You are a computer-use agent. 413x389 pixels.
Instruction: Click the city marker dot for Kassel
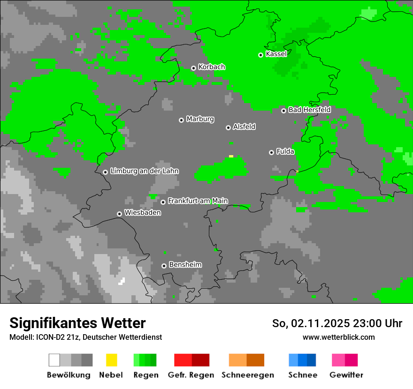coord(260,55)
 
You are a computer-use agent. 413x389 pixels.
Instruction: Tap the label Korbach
coord(212,67)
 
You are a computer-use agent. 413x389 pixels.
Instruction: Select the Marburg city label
coord(200,119)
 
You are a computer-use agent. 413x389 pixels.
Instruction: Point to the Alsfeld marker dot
coord(228,127)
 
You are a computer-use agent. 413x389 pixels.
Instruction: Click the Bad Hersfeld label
coord(309,110)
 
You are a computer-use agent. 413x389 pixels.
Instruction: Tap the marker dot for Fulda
coord(271,152)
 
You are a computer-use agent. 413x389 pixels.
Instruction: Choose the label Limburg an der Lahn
coord(144,171)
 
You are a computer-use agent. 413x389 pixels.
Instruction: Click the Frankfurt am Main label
coord(198,201)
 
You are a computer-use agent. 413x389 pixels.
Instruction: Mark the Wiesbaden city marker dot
coord(119,214)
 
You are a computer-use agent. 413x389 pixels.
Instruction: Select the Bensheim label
coord(185,265)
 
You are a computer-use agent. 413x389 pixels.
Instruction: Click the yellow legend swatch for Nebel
coord(111,360)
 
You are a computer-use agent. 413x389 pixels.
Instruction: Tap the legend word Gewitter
coord(346,375)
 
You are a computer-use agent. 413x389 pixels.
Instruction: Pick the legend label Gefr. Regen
coord(191,375)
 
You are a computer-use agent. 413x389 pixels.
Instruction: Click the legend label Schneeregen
coord(248,375)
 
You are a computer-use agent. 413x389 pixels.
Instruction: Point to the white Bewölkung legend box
coord(54,360)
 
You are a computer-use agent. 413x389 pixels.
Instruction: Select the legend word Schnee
coord(303,375)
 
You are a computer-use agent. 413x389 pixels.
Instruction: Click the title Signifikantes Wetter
coord(77,323)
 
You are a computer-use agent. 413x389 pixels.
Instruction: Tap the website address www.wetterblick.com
coord(339,337)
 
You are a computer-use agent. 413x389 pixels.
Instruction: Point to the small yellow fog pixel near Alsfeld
coord(231,156)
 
